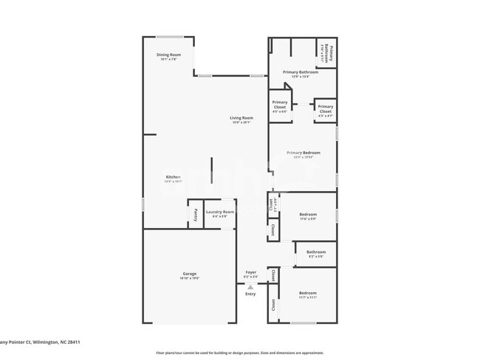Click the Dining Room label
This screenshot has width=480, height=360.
(x=168, y=55)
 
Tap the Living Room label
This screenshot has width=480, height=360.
(x=241, y=118)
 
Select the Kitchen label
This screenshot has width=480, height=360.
(x=173, y=177)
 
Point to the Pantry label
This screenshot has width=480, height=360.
(x=195, y=215)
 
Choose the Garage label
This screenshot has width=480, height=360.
(x=190, y=273)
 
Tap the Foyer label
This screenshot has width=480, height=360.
(x=251, y=272)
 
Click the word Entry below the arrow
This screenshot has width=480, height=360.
(x=250, y=294)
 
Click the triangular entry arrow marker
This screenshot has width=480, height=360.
(x=250, y=286)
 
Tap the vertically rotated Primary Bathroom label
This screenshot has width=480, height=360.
(x=331, y=55)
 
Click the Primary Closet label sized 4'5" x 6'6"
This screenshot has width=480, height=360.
(x=280, y=105)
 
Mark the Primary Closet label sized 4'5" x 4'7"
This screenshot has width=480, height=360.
(x=325, y=109)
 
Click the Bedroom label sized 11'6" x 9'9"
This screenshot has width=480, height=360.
(x=308, y=215)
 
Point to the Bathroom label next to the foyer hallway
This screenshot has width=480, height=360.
(x=316, y=252)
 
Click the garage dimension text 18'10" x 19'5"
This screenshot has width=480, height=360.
(x=190, y=278)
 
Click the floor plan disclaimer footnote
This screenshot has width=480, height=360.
(x=239, y=353)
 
